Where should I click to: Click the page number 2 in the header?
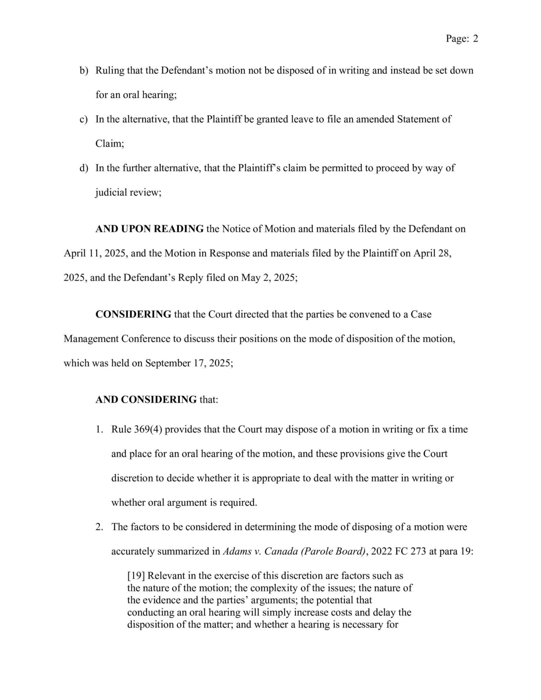pos(475,39)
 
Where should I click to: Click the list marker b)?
pos(84,70)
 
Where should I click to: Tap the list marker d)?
pos(84,168)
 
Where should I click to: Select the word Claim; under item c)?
pos(109,144)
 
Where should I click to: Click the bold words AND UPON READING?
pos(149,229)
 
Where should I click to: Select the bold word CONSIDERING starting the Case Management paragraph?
pos(133,314)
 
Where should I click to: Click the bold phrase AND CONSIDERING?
pos(146,399)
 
